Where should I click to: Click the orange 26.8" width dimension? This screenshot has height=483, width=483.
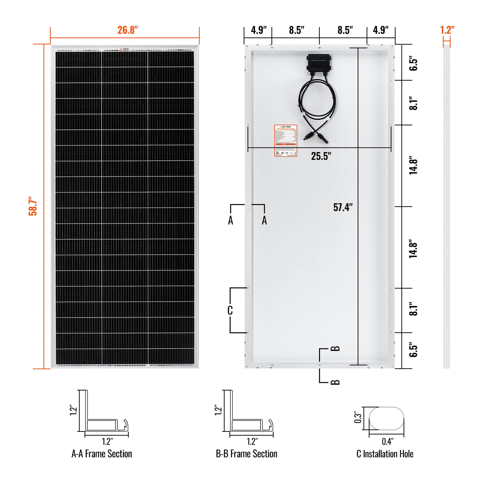pyautogui.click(x=128, y=30)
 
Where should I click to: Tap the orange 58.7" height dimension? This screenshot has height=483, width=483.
pyautogui.click(x=33, y=206)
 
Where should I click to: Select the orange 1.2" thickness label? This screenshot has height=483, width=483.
pyautogui.click(x=447, y=30)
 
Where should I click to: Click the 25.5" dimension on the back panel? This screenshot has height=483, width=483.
pyautogui.click(x=321, y=156)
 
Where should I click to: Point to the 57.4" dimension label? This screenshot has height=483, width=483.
pyautogui.click(x=343, y=207)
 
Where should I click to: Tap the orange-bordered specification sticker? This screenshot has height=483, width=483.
pyautogui.click(x=286, y=141)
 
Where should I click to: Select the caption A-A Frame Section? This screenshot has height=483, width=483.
pyautogui.click(x=102, y=454)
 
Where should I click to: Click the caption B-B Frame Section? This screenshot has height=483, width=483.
pyautogui.click(x=246, y=454)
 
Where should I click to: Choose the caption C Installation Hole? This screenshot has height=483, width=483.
pyautogui.click(x=385, y=454)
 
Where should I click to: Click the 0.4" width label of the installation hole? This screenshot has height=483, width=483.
pyautogui.click(x=388, y=441)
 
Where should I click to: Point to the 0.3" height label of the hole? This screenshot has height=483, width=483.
pyautogui.click(x=358, y=417)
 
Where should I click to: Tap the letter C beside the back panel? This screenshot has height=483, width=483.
pyautogui.click(x=230, y=310)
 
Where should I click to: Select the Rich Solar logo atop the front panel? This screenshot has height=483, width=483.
pyautogui.click(x=125, y=50)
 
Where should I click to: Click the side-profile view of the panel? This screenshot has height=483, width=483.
pyautogui.click(x=447, y=206)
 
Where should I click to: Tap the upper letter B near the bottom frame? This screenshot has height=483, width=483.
pyautogui.click(x=335, y=348)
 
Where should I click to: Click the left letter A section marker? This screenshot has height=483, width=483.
pyautogui.click(x=231, y=221)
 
